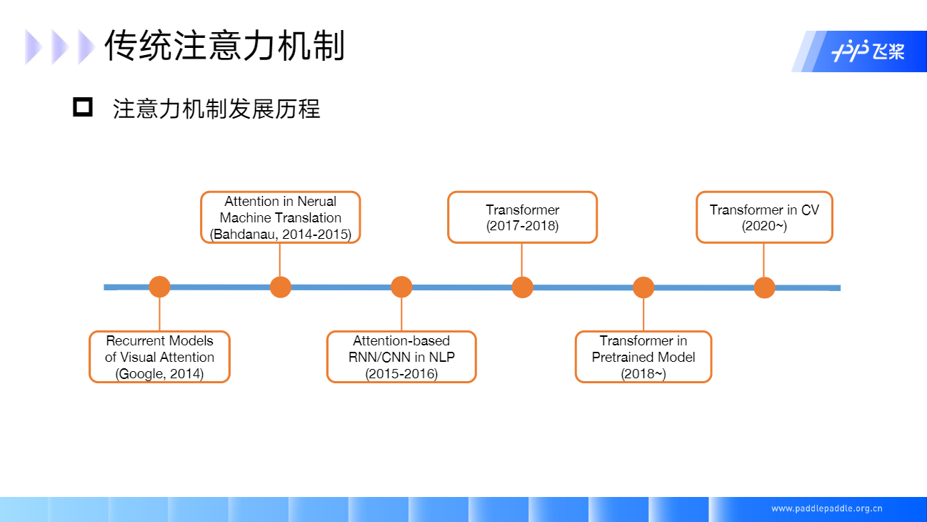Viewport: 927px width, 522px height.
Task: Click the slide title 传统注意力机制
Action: (224, 46)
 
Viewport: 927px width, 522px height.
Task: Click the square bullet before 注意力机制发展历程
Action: (83, 108)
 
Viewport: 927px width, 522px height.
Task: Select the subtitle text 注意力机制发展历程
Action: (216, 109)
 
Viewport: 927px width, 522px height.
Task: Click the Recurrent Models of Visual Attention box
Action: (159, 357)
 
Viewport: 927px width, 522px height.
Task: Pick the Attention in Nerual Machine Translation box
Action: (280, 217)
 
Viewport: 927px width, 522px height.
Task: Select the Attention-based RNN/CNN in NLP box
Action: (401, 357)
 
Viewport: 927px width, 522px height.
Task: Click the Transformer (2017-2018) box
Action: (522, 217)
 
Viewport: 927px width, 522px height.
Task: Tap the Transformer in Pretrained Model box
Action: (643, 357)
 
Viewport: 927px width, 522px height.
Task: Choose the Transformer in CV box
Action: (764, 217)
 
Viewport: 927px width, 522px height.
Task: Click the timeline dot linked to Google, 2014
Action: (159, 287)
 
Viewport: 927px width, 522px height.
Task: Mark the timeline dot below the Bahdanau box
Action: (280, 287)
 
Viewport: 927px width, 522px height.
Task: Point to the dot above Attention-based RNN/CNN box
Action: (401, 287)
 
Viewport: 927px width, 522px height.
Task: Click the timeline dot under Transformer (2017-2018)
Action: (522, 287)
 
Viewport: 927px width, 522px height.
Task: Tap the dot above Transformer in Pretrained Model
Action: (643, 287)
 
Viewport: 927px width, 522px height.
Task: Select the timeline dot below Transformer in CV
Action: (764, 287)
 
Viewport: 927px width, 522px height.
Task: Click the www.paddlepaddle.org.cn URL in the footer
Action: (827, 509)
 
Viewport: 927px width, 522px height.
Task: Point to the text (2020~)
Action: (764, 226)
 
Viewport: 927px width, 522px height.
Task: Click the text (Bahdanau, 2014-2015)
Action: (280, 235)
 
